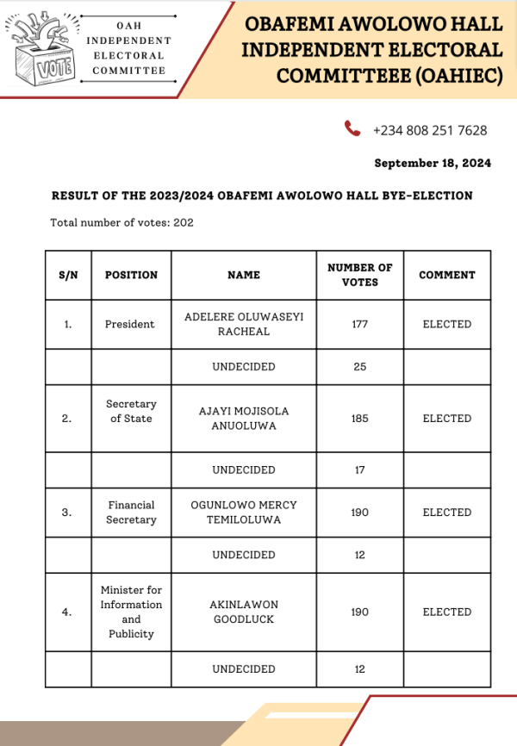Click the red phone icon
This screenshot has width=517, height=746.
[352, 129]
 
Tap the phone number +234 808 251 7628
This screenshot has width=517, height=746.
[430, 131]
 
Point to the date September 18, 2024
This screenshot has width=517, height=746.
[433, 163]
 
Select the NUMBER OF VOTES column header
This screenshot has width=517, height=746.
[359, 275]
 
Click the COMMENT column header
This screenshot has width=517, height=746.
[446, 275]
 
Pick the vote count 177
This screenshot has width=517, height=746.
[359, 324]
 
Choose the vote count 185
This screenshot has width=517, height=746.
[359, 419]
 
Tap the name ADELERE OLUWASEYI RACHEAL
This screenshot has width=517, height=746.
[244, 324]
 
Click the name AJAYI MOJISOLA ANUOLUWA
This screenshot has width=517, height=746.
[244, 419]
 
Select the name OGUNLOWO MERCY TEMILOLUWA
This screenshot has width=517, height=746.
[244, 513]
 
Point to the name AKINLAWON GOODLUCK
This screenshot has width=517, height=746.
[244, 612]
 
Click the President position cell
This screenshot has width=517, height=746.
[130, 324]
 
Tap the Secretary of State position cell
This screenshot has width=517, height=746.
[131, 411]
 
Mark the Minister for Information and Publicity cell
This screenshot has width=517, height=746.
[131, 612]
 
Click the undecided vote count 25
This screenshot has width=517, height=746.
[359, 367]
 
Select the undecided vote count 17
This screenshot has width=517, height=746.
[359, 470]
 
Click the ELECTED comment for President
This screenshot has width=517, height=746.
[446, 324]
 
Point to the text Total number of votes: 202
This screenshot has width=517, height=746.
[121, 222]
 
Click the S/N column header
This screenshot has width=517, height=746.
[68, 275]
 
